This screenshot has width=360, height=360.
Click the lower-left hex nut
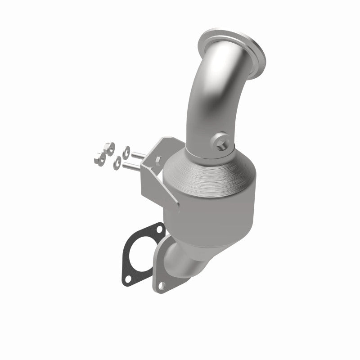tap(100, 157)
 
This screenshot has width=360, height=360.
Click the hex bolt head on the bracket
tap(159, 160)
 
